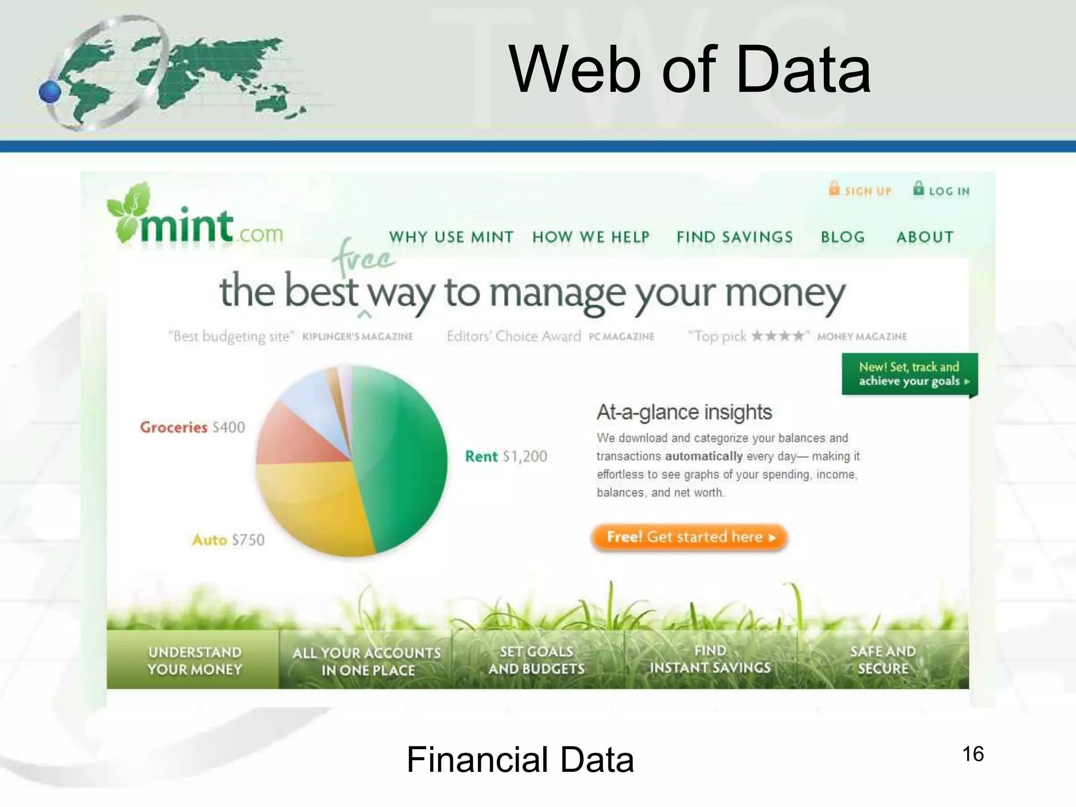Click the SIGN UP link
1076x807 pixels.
point(861,190)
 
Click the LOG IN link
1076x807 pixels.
point(942,190)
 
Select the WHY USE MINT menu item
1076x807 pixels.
point(451,237)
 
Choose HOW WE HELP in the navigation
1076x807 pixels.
point(591,237)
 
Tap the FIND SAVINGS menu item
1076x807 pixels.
point(734,237)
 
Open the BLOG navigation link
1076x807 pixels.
point(843,237)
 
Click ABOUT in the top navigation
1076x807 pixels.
point(925,237)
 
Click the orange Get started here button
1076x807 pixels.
point(689,537)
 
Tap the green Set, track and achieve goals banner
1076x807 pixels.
point(909,374)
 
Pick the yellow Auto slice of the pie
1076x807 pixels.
point(315,504)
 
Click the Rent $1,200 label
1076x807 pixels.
point(506,456)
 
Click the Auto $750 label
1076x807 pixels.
point(228,540)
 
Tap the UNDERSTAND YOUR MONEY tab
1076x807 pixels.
point(194,660)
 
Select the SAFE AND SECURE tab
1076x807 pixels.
point(883,660)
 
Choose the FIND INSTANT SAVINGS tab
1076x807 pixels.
point(710,659)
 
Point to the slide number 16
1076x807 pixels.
point(972,754)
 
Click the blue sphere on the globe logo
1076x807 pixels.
point(50,92)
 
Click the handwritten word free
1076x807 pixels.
point(363,257)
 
